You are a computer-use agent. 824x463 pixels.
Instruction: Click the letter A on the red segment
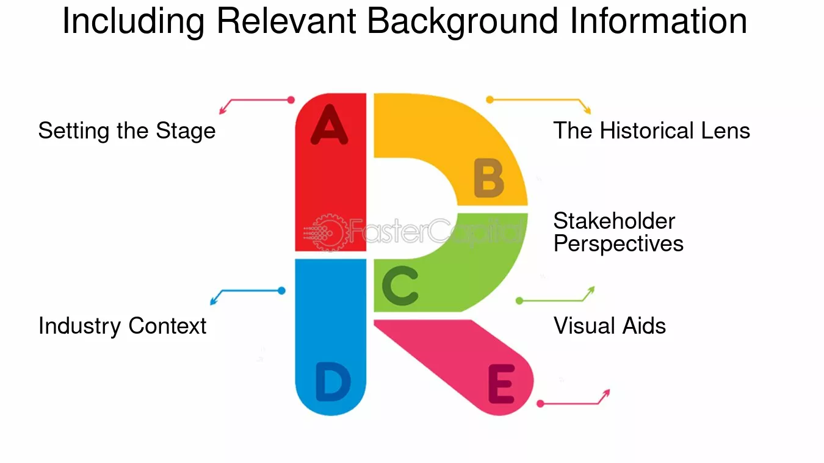[x=329, y=124]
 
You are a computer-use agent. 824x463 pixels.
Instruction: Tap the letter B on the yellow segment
[x=488, y=178]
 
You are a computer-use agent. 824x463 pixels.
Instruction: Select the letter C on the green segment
[x=400, y=285]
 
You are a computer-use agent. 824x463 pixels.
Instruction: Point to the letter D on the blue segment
[x=333, y=382]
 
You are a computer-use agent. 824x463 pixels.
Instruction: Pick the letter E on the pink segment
[x=501, y=384]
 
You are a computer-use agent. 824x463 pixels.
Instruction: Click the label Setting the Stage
[x=127, y=131]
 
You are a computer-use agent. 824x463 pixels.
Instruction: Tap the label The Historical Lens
[x=651, y=131]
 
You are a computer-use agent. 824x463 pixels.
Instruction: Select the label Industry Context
[x=123, y=326]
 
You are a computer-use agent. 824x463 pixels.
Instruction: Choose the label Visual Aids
[x=610, y=326]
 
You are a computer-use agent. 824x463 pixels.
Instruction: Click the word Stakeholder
[x=614, y=221]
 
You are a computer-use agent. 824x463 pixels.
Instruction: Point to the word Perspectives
[x=618, y=244]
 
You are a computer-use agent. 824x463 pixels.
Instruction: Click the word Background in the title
[x=463, y=21]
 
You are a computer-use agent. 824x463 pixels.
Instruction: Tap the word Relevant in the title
[x=286, y=21]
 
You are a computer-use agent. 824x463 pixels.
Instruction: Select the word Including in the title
[x=134, y=21]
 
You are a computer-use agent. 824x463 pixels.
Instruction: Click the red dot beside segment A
[x=291, y=99]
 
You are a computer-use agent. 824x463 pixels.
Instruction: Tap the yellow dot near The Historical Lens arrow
[x=490, y=99]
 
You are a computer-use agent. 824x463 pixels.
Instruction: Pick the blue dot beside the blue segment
[x=281, y=291]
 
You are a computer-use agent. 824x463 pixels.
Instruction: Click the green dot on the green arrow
[x=519, y=301]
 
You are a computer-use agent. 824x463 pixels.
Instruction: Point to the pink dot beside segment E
[x=540, y=404]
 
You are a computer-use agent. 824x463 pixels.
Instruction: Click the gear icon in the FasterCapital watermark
[x=329, y=232]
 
